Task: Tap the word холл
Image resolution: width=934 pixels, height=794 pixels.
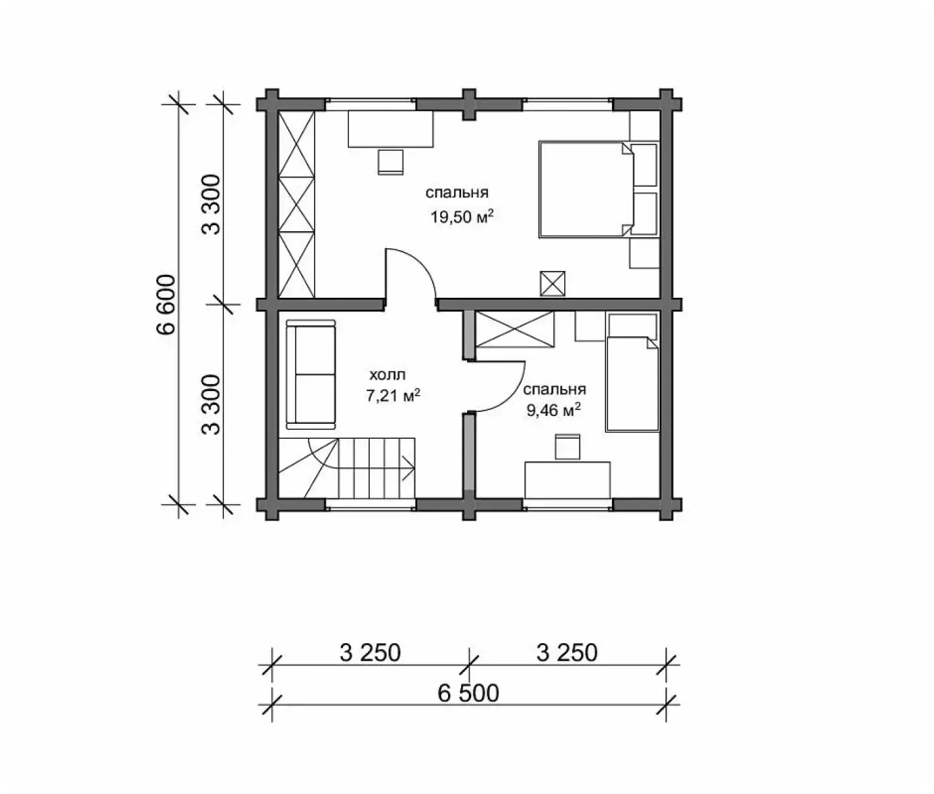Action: tap(387, 375)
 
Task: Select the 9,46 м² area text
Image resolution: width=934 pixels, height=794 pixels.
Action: tap(553, 409)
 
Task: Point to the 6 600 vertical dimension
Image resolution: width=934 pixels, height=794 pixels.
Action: tap(167, 304)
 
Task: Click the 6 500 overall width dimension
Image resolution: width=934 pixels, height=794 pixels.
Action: tap(468, 693)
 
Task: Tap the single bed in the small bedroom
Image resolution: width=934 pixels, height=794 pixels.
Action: tap(632, 384)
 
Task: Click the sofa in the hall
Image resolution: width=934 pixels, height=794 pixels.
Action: tap(311, 374)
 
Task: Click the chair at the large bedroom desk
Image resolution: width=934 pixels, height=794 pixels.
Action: tap(391, 162)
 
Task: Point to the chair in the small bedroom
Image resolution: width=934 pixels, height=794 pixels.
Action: tap(567, 447)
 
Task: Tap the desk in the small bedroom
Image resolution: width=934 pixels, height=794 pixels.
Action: tap(567, 480)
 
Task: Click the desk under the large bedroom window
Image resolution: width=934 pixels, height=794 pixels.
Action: tap(391, 129)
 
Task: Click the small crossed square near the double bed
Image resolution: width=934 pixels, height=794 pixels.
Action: tap(553, 283)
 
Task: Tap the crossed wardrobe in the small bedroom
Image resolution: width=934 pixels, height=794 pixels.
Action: tap(515, 329)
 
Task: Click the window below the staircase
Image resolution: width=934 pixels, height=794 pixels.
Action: tap(370, 505)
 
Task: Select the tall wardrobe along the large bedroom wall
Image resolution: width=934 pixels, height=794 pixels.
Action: tap(297, 204)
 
